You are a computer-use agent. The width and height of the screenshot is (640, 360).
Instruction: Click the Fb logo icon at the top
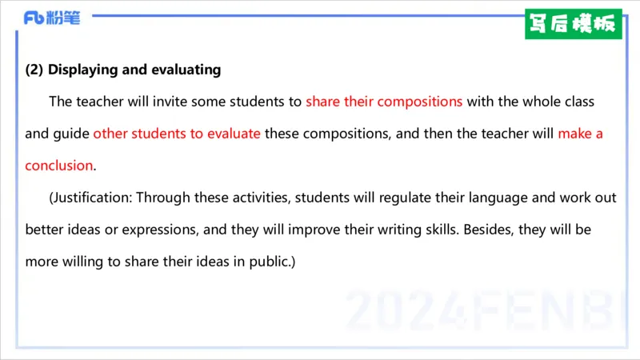click(x=34, y=18)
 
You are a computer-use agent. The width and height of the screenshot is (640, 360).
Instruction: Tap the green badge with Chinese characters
click(x=573, y=24)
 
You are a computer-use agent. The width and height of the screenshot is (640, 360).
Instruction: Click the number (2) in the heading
click(x=34, y=70)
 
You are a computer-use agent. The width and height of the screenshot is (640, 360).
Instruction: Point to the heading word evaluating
click(x=186, y=70)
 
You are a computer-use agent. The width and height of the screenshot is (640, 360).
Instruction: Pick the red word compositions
click(x=419, y=102)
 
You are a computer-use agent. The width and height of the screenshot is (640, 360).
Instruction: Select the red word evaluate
click(x=234, y=134)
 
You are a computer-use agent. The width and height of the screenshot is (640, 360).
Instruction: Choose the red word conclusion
click(x=59, y=166)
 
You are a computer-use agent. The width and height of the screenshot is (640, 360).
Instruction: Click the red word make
click(x=574, y=134)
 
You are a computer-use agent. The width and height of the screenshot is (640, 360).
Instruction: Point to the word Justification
click(x=90, y=198)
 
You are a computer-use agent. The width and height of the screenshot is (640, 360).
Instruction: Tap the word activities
click(x=261, y=198)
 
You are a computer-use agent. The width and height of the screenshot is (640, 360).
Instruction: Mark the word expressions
click(x=159, y=230)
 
